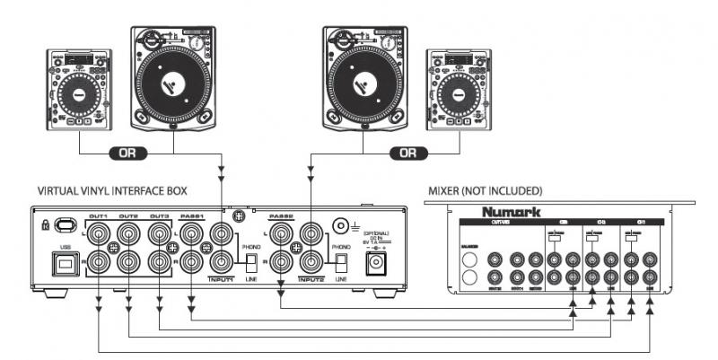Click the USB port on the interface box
(65, 266)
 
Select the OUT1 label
(98, 216)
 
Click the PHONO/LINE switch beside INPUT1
(252, 262)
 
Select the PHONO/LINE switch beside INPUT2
(340, 262)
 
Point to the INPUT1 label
(219, 278)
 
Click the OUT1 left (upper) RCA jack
(98, 234)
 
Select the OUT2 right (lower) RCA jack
(129, 263)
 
